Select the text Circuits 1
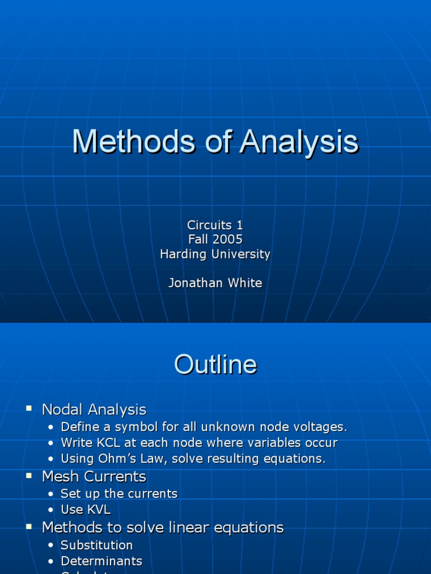tap(215, 225)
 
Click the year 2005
tap(227, 239)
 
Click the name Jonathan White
tap(215, 283)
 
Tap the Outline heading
tap(215, 365)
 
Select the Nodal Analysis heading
tap(94, 410)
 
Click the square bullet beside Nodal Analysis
tap(29, 409)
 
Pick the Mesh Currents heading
tap(94, 476)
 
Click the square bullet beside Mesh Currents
tap(29, 475)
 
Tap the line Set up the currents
tap(119, 494)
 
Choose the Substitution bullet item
tap(97, 545)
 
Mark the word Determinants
tap(102, 561)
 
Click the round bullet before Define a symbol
tap(51, 428)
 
